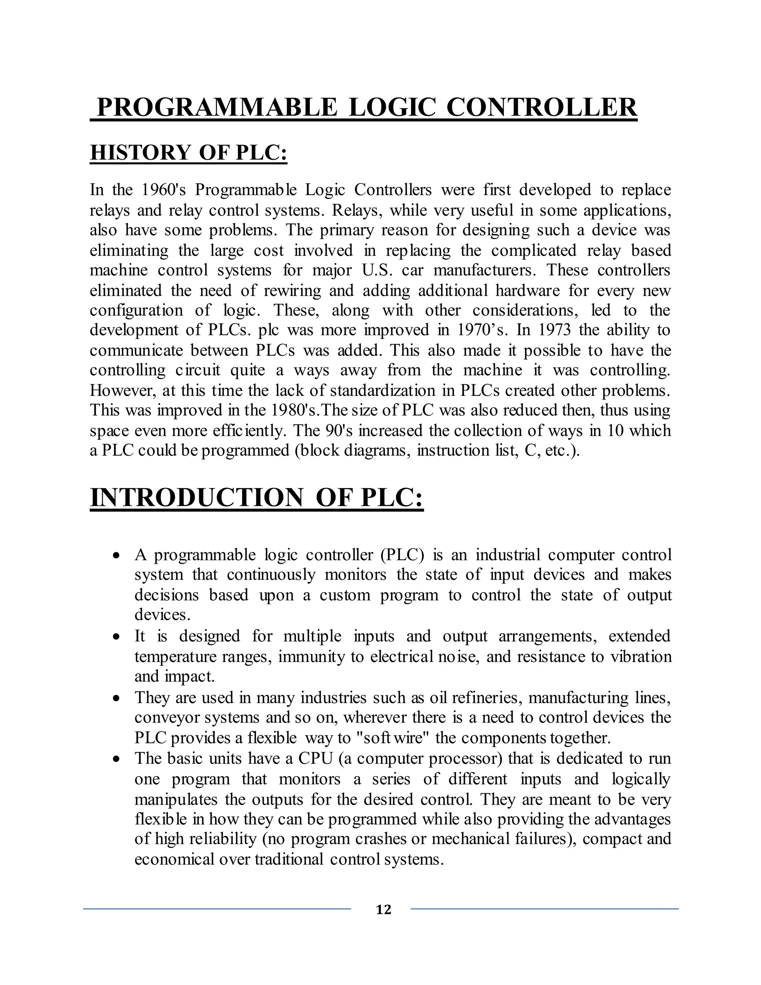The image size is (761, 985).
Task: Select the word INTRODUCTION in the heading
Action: pos(197,498)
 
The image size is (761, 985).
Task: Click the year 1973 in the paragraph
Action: pos(554,330)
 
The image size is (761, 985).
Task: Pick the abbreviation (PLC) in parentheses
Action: pos(402,555)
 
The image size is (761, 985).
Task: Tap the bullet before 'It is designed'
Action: pos(117,637)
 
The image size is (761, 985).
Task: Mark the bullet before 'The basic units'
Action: pos(117,759)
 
